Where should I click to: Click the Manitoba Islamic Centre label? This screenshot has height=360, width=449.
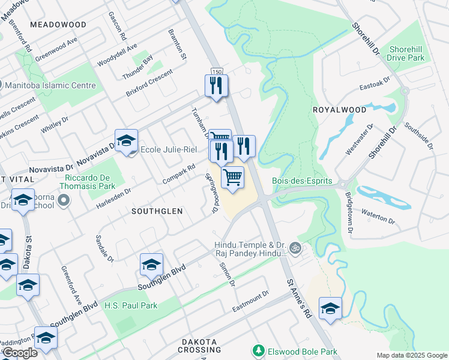point(50,86)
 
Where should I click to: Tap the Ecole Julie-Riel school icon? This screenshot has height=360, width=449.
point(126,142)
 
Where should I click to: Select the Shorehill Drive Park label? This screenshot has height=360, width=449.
point(406,53)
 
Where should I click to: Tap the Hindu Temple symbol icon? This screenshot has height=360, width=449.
point(295,247)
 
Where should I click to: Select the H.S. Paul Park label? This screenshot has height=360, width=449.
point(130,305)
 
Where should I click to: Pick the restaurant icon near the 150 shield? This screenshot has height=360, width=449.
point(216,86)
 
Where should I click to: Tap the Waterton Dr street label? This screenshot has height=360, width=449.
point(378,215)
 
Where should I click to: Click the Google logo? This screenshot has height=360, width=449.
point(20,353)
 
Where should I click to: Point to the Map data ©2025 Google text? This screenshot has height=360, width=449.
point(412,355)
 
